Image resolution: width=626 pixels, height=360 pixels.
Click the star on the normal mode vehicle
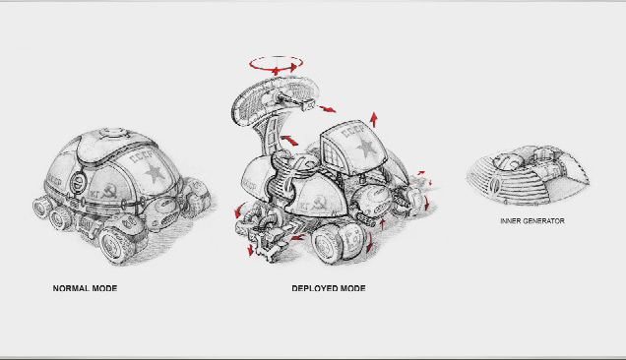(155, 173)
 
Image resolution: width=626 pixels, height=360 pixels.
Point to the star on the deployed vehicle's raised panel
(366, 148)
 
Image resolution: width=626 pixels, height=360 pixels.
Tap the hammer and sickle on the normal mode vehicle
(109, 191)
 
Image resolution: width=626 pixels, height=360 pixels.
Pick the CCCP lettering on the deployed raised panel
(353, 131)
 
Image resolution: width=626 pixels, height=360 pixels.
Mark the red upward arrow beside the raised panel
(374, 119)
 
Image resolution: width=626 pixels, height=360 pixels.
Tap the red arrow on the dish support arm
(289, 140)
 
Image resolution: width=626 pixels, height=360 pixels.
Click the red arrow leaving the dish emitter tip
(327, 108)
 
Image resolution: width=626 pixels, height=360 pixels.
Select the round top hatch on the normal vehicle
(113, 133)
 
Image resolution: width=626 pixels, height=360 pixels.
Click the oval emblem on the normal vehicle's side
(78, 182)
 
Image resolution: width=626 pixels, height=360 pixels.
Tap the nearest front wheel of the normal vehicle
(116, 245)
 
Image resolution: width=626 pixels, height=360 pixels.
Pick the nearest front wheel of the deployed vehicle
(328, 244)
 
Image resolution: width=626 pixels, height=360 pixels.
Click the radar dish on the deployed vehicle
(276, 99)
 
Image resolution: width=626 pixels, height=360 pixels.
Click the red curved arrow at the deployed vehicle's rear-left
(240, 210)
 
